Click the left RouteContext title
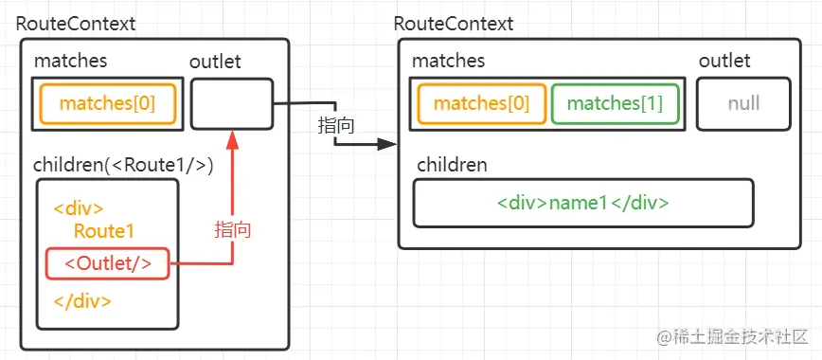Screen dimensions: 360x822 (x=76, y=24)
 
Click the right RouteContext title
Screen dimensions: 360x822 (x=454, y=24)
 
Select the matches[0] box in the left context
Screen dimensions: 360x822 (x=107, y=104)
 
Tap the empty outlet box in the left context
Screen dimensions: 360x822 (x=231, y=103)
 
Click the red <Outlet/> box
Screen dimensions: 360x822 (x=108, y=262)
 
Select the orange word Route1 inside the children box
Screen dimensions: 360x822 (x=104, y=232)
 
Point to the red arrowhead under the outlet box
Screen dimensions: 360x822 (x=231, y=139)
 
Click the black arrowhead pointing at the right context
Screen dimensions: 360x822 (x=384, y=145)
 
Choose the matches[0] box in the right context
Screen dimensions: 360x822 (x=481, y=104)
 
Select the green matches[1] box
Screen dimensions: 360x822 (x=615, y=104)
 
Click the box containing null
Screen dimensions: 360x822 (x=743, y=104)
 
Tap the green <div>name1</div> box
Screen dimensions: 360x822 (x=583, y=203)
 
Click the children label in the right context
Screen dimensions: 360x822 (x=451, y=166)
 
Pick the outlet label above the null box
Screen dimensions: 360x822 (x=724, y=62)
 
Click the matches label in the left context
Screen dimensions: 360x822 (x=71, y=62)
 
